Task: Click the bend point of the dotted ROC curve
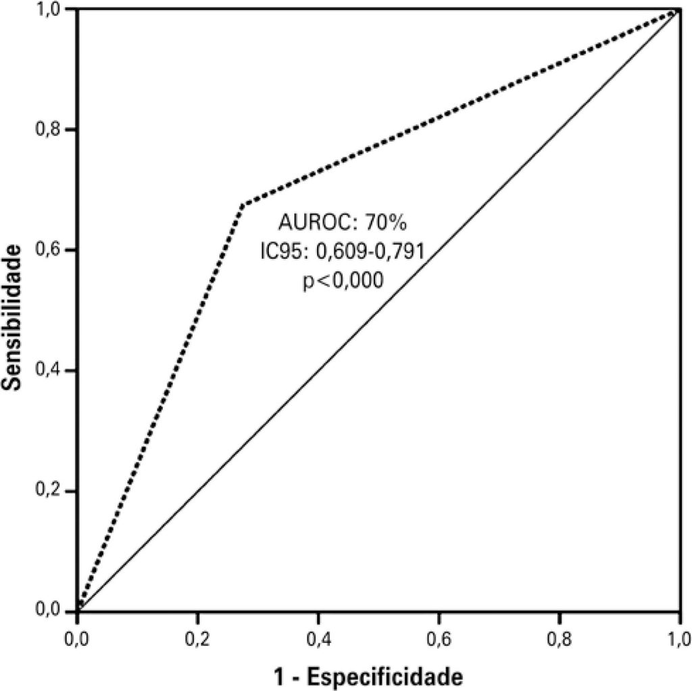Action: click(242, 204)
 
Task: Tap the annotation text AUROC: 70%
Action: click(342, 222)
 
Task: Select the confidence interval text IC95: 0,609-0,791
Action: click(342, 252)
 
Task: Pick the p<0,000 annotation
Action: click(342, 281)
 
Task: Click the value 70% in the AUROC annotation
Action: click(386, 222)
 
